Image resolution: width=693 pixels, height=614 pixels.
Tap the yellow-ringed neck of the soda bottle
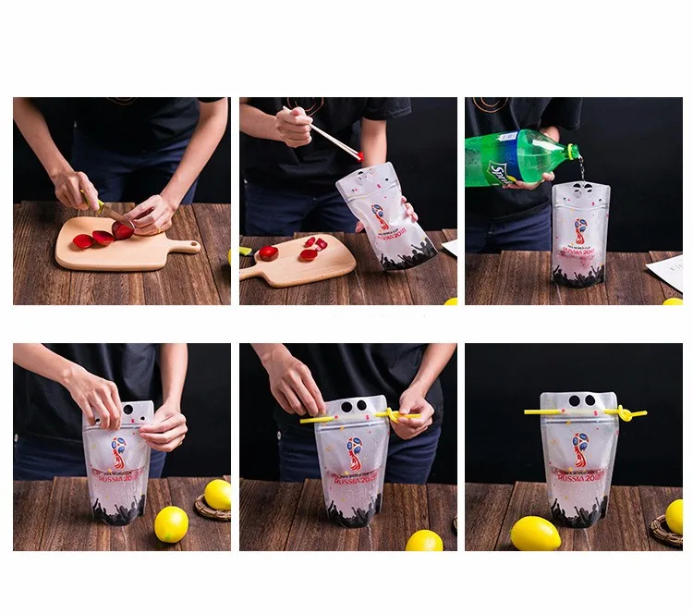[570, 151]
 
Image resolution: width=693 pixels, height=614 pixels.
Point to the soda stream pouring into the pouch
[581, 169]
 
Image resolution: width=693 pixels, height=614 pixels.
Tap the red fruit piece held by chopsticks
[359, 154]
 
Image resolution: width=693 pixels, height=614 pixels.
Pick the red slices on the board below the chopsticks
[310, 249]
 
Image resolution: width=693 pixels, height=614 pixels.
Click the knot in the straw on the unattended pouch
[626, 414]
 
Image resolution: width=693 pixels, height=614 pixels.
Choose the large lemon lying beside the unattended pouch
[535, 534]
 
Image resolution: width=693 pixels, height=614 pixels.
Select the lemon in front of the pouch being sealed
[171, 524]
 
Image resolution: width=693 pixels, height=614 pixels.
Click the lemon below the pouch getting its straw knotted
[424, 541]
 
